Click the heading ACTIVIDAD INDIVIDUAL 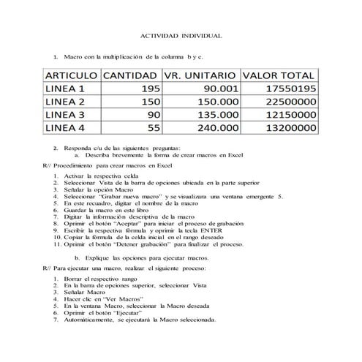click(x=181, y=35)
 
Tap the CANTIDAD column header click(x=129, y=76)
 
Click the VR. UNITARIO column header click(x=199, y=76)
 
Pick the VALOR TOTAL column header click(x=279, y=76)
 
